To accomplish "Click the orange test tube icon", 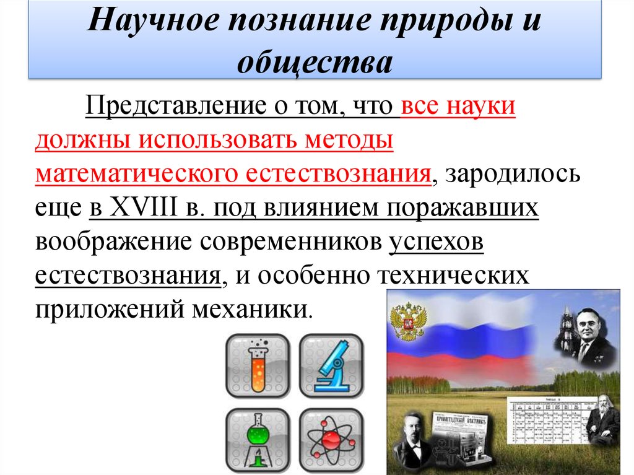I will pos(258,366).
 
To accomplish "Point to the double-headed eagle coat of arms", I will pos(407,322).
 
